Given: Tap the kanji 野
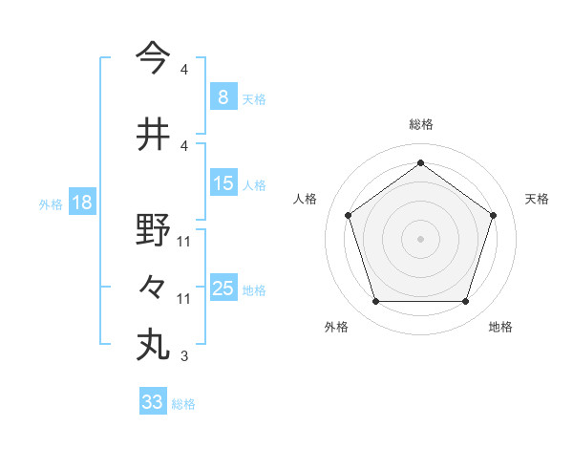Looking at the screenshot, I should pos(153,230).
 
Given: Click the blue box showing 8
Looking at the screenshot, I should pos(223,96).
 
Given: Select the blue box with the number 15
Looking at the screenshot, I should pos(223,183).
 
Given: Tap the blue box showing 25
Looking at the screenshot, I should pos(223,289).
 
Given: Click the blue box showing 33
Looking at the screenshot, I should pos(152,402).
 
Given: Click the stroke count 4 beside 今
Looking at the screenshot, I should pos(184,70).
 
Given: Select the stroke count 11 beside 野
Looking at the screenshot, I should pos(184,242).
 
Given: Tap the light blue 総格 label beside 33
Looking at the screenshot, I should pos(183,404).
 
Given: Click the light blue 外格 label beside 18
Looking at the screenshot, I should pos(50,203).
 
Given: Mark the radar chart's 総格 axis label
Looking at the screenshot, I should pos(420,124).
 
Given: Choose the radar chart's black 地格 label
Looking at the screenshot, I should pos(500,327).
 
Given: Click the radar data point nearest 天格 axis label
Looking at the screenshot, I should pos(493,215).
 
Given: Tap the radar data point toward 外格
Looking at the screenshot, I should pos(375,302).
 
